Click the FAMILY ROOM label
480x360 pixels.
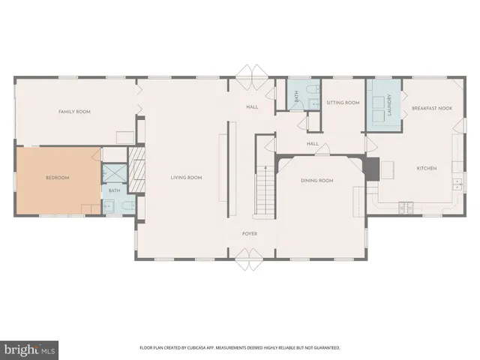[x=74, y=112]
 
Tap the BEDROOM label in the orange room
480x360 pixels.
[x=57, y=178]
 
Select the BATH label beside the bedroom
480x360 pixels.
[x=114, y=191]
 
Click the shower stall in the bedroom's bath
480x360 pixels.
[x=114, y=172]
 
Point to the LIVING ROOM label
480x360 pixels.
[x=186, y=178]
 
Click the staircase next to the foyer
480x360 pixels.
[x=264, y=190]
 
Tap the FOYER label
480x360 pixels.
[x=250, y=234]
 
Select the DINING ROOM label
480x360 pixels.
[x=316, y=181]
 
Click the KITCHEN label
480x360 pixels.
[x=426, y=168]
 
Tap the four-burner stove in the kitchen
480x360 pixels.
[x=409, y=205]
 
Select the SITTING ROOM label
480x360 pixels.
[x=343, y=103]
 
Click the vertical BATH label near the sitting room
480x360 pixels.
[x=296, y=95]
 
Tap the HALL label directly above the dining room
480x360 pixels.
[x=313, y=143]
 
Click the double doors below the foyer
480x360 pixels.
[x=250, y=261]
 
